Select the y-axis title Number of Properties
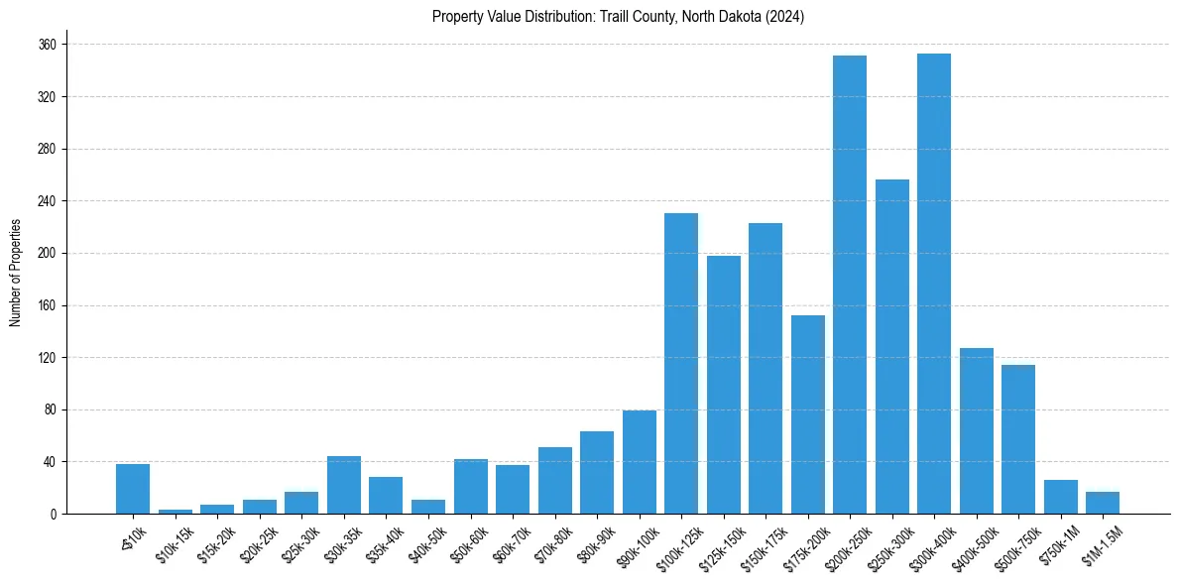tap(15, 273)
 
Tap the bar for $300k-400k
tap(934, 284)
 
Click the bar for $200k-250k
tap(850, 285)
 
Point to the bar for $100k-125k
tap(681, 364)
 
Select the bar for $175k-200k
tap(807, 414)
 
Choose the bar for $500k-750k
tap(1018, 439)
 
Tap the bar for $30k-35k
tap(344, 485)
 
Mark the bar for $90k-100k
tap(639, 462)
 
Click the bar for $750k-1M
tap(1060, 497)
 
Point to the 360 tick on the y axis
tap(47, 45)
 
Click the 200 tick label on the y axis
tap(47, 254)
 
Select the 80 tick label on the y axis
tap(50, 409)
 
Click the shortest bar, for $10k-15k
tap(176, 512)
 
